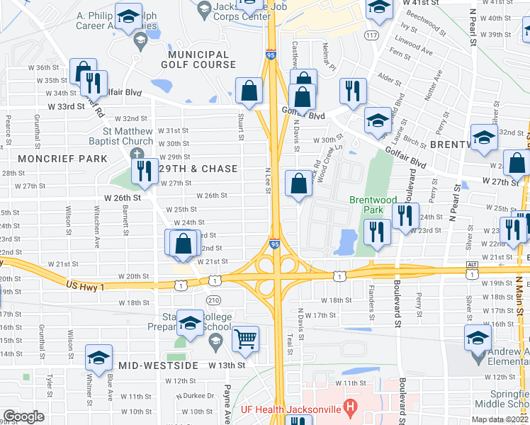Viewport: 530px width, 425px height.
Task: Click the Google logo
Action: [23, 416]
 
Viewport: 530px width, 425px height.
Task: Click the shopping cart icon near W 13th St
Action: [245, 339]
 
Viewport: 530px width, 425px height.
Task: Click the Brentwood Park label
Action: [371, 205]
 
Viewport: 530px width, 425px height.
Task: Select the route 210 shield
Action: [213, 300]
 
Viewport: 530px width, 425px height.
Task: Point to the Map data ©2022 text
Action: [499, 419]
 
